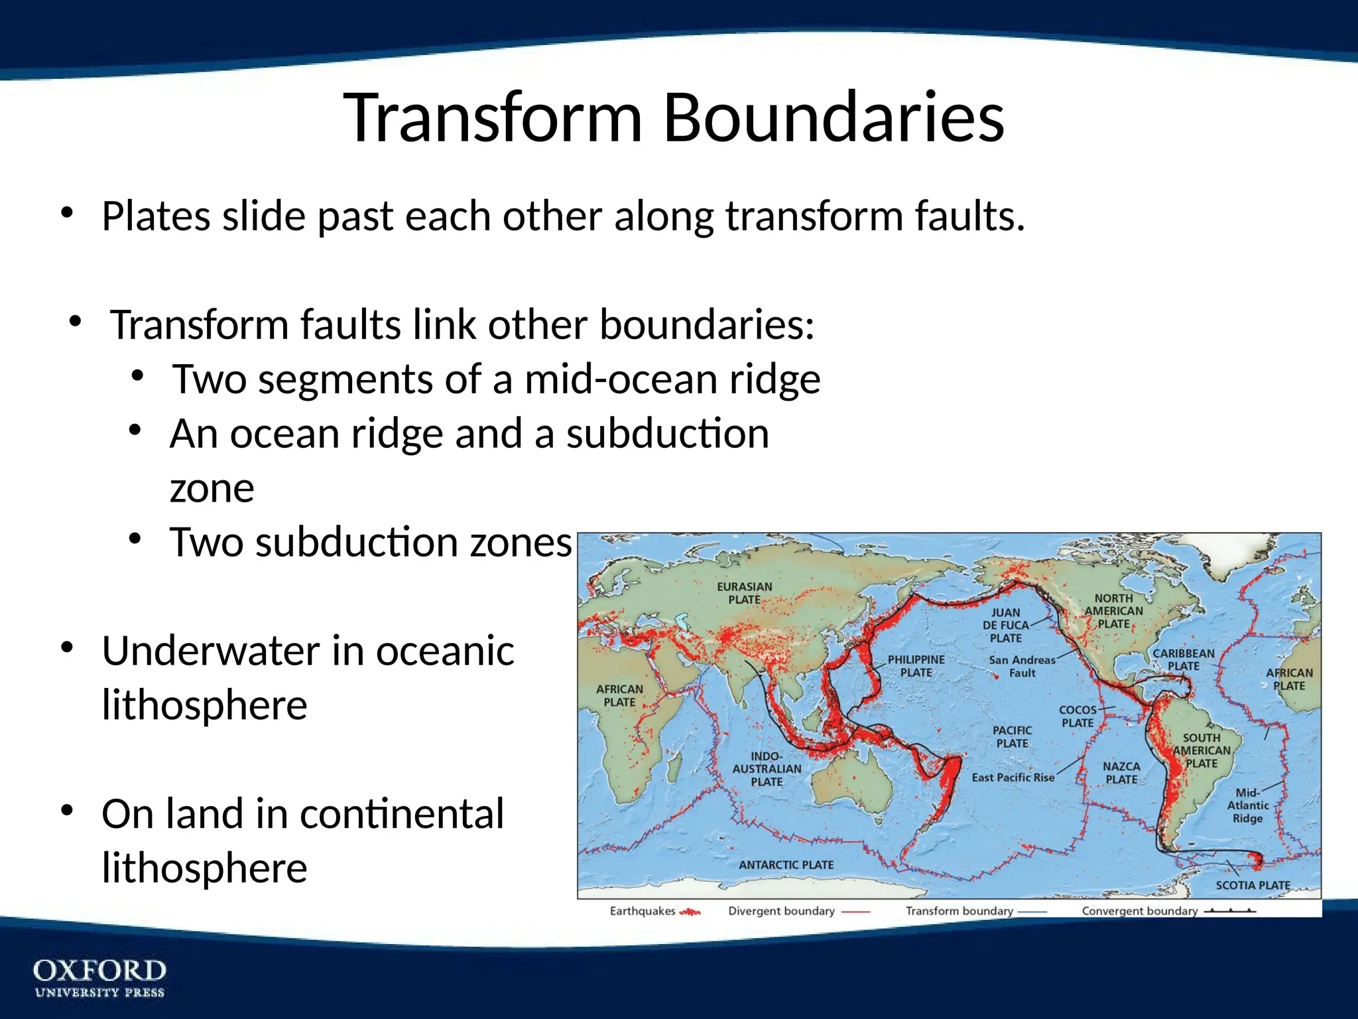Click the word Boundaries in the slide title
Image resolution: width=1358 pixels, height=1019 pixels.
[x=833, y=117]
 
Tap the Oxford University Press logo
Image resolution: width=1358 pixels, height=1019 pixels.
[x=99, y=977]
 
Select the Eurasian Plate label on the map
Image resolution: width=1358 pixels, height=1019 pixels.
[x=745, y=593]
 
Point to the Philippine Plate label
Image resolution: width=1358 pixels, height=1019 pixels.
[x=916, y=665]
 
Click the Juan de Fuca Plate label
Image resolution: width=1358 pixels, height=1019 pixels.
[x=1005, y=625]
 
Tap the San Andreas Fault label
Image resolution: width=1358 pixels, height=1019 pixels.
[x=1022, y=666]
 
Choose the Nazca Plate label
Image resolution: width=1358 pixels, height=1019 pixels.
[x=1121, y=773]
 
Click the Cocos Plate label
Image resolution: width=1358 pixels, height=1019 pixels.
[x=1078, y=716]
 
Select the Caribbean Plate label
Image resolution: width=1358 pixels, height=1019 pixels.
[x=1184, y=659]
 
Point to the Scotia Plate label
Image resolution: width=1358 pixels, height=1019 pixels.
[x=1253, y=885]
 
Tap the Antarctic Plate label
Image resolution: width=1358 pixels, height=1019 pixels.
[x=786, y=864]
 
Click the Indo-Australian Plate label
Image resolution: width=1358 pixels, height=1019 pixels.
[x=767, y=769]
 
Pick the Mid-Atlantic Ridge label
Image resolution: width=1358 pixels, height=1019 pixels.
[x=1247, y=805]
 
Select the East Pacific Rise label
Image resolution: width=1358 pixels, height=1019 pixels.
[x=1013, y=778]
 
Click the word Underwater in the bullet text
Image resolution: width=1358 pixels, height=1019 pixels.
[x=211, y=651]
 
